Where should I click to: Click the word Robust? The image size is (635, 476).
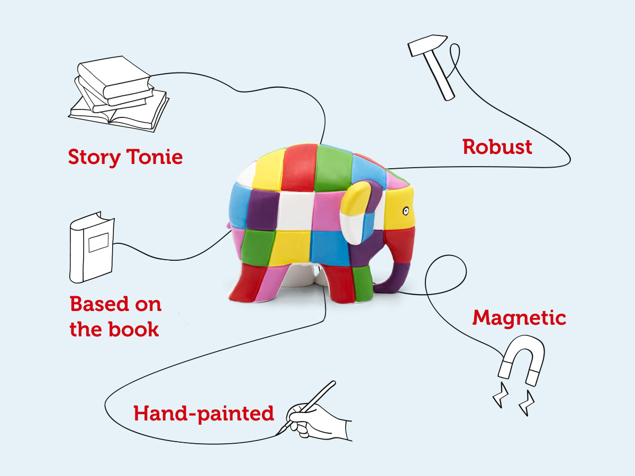click(x=497, y=147)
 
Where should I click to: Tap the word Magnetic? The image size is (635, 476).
click(x=519, y=318)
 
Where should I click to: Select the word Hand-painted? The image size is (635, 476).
click(x=204, y=413)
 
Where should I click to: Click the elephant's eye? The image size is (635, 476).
click(x=405, y=211)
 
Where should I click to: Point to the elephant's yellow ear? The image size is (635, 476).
click(x=356, y=206)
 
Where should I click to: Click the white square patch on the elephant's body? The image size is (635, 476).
click(x=293, y=210)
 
